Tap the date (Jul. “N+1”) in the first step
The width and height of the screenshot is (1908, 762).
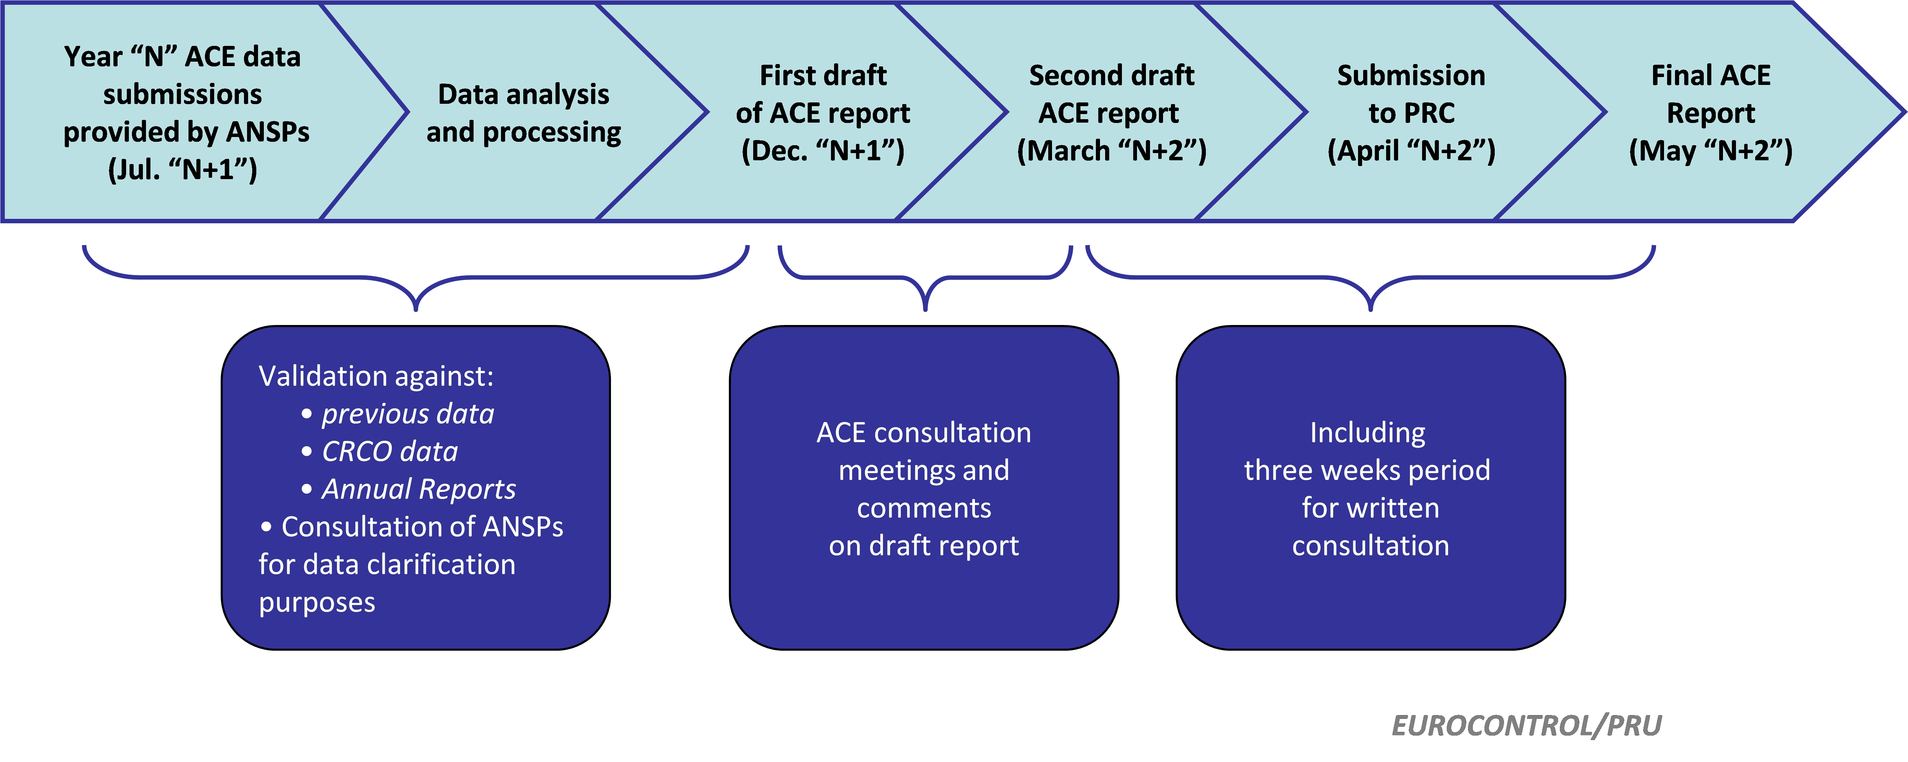(x=183, y=170)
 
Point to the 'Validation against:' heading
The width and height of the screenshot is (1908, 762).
(x=376, y=376)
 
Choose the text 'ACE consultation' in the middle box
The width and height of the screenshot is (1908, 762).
(x=924, y=433)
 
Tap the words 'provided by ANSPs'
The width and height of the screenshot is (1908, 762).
(x=186, y=132)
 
